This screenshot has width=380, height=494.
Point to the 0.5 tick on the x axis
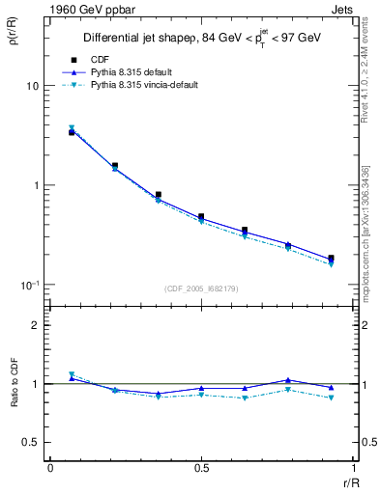200,467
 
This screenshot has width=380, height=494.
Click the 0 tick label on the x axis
50,467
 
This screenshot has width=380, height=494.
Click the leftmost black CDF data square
72,132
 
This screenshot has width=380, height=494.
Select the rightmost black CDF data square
331,258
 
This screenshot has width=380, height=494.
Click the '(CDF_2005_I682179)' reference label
200,289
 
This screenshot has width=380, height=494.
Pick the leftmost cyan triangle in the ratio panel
72,374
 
